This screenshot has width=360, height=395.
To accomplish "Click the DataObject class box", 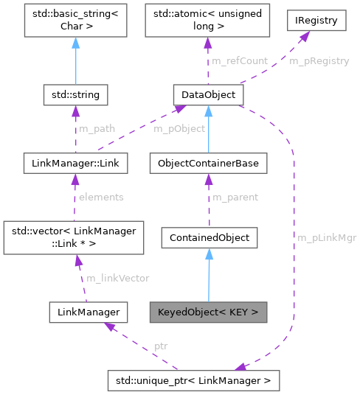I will tap(208, 94).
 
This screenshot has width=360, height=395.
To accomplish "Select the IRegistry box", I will tap(316, 21).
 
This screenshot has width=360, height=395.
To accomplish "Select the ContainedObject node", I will tap(209, 237).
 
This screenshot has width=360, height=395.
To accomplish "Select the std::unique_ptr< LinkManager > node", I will tap(193, 380).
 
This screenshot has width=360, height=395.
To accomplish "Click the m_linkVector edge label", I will tap(118, 278).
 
